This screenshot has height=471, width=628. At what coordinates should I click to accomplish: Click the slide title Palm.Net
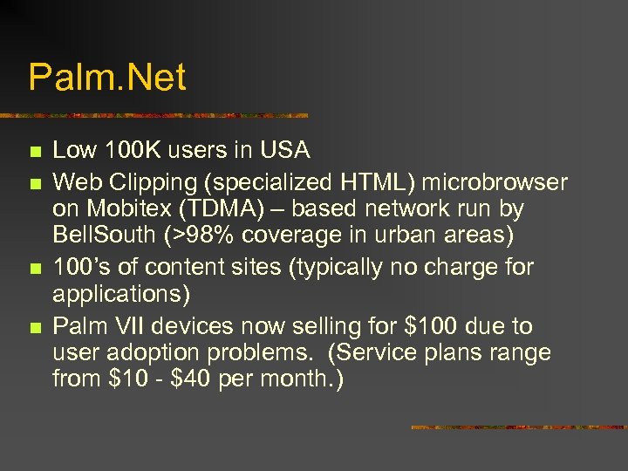pyautogui.click(x=107, y=78)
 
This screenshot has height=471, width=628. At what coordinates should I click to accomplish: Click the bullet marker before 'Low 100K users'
pyautogui.click(x=34, y=153)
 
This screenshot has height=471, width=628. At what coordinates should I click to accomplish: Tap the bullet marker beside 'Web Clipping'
pyautogui.click(x=34, y=183)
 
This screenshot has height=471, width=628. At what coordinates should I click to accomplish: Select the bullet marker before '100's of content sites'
pyautogui.click(x=34, y=269)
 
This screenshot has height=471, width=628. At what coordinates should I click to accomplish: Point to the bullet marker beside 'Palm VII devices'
pyautogui.click(x=34, y=329)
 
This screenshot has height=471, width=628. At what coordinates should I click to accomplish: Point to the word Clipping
pyautogui.click(x=154, y=182)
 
